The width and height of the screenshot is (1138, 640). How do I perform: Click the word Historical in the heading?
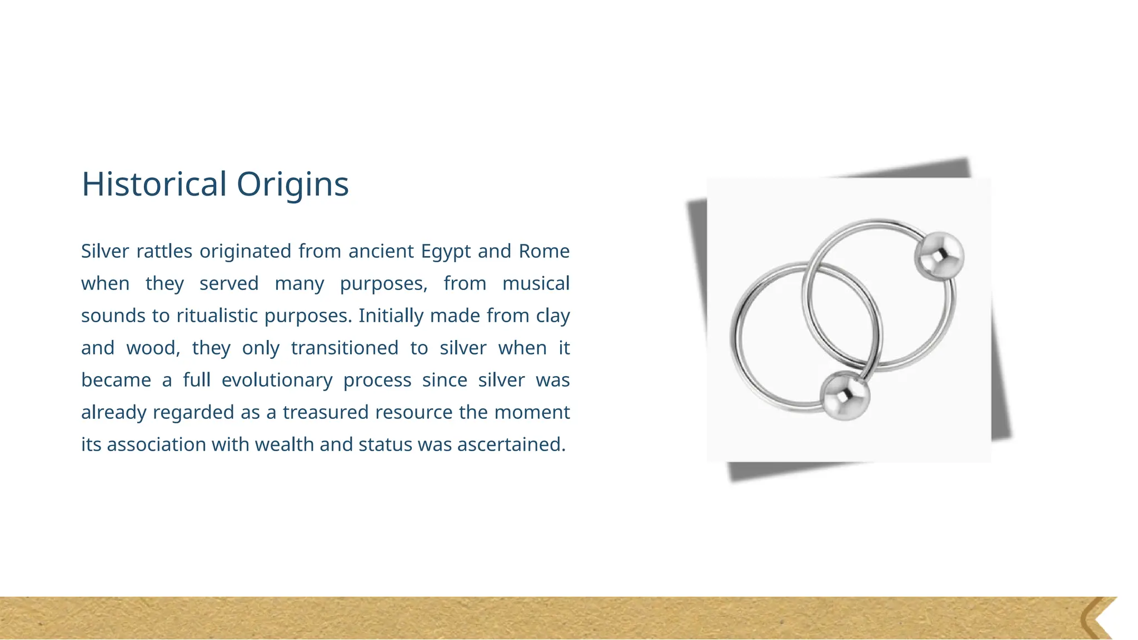154,184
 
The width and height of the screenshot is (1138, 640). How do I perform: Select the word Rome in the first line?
544,251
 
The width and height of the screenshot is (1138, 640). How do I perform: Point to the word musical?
536,283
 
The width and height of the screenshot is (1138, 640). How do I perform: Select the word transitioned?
345,348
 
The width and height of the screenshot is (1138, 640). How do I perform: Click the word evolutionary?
277,381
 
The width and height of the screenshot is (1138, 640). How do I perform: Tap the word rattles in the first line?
164,251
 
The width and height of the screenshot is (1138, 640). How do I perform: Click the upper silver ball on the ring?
939,256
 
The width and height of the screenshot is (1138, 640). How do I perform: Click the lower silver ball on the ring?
845,396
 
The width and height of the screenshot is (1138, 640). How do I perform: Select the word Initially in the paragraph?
391,316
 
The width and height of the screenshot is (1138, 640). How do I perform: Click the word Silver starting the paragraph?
105,251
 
